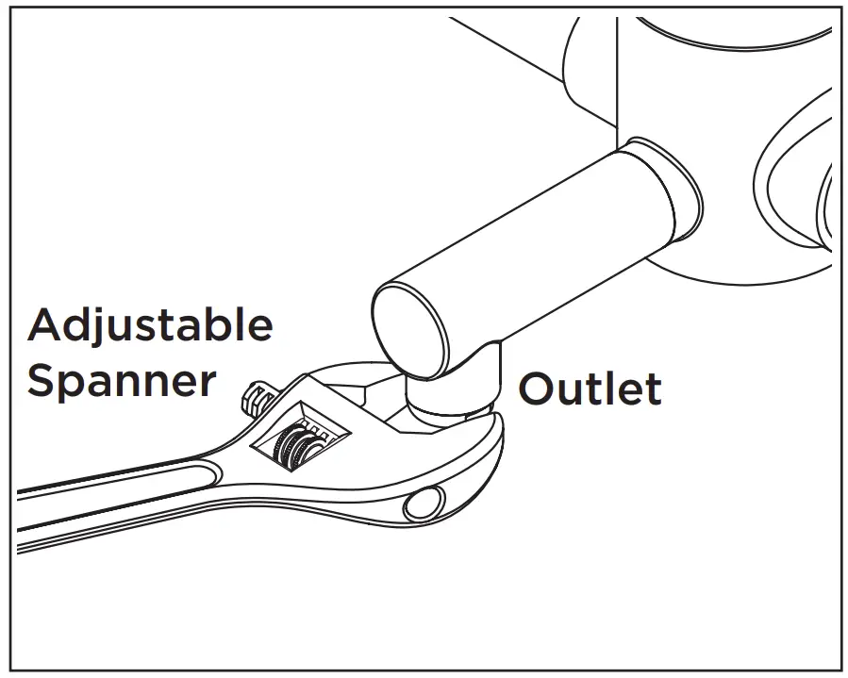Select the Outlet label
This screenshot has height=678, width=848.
[590, 388]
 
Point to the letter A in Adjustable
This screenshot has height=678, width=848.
[46, 325]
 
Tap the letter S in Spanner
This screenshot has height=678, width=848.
[42, 380]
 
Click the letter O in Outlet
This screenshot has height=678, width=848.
[539, 389]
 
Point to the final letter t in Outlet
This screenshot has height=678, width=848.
[652, 388]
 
